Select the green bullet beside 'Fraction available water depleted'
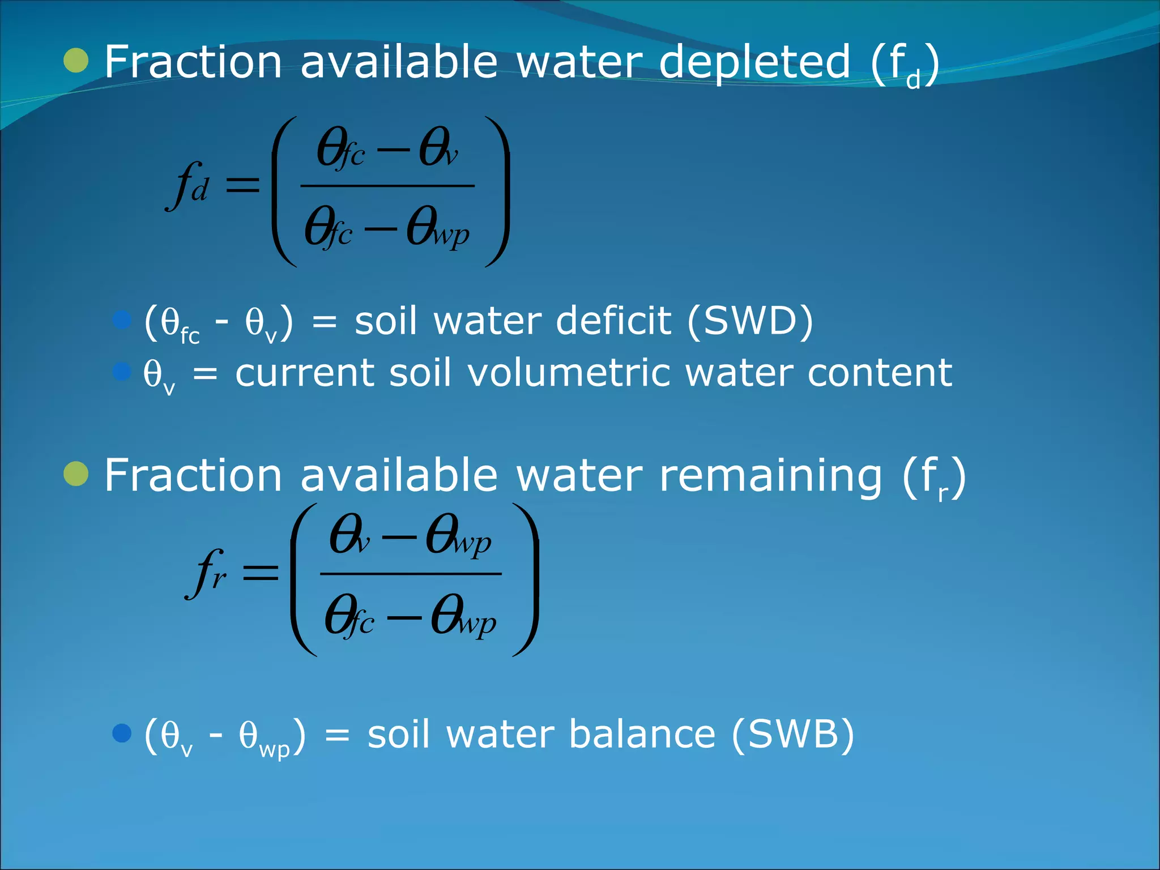(76, 61)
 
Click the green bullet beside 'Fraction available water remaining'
(76, 474)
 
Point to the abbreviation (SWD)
(750, 321)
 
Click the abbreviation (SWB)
(793, 735)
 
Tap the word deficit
(613, 321)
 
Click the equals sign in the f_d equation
(242, 185)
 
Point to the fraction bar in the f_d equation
(387, 186)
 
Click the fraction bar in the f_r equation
(411, 574)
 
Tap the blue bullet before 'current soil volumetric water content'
(122, 372)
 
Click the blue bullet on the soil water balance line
(122, 733)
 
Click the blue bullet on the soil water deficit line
(122, 320)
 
